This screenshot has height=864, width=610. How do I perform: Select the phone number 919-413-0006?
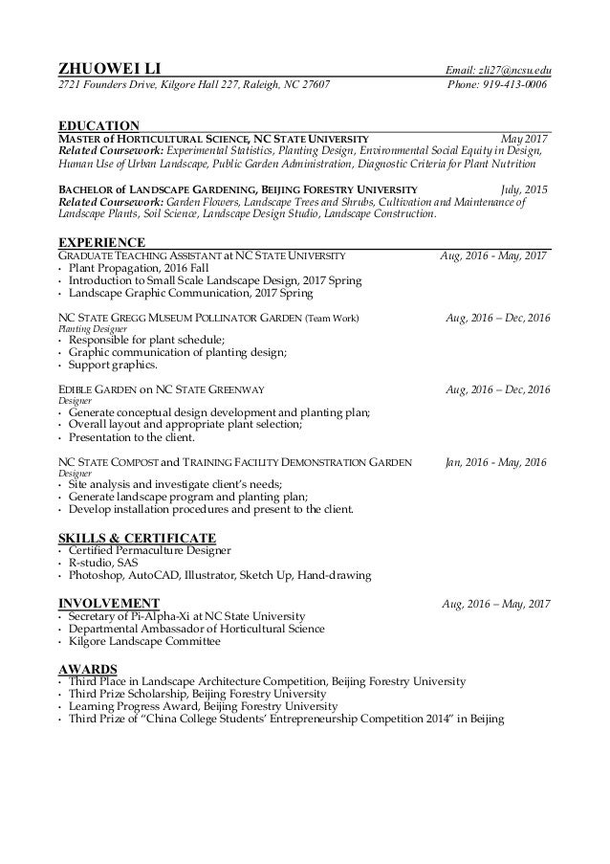coord(514,84)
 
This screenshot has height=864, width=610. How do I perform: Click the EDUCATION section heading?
coord(99,125)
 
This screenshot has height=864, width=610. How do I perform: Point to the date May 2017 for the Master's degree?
coord(524,139)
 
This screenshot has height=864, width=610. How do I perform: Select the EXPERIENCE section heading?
coord(101,241)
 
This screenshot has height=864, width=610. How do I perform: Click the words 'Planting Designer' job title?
coord(91,328)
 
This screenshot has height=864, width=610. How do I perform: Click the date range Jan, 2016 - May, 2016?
coord(497,461)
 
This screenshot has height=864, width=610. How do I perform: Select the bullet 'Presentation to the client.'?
coord(132,437)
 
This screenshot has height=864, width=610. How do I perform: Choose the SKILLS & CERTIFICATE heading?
coord(137,537)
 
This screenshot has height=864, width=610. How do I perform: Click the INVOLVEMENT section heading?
coord(108,602)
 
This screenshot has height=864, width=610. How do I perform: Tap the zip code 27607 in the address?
coord(315,84)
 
